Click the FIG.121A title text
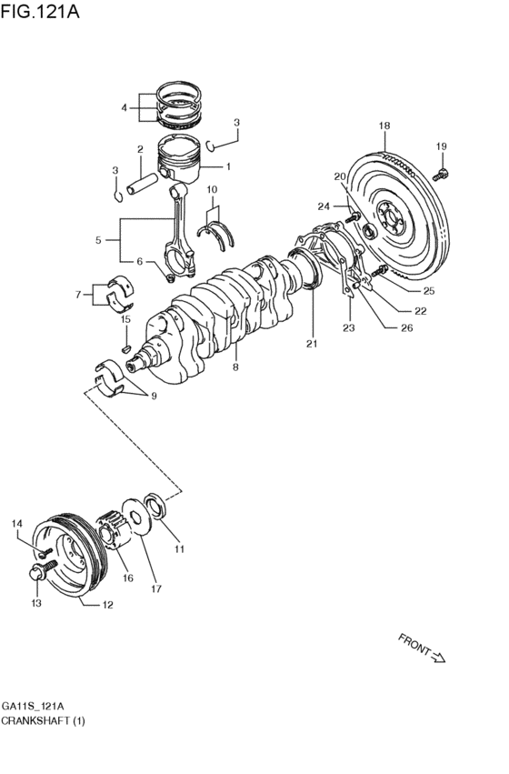click(x=40, y=11)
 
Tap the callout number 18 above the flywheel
click(x=384, y=126)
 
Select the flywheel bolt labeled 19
click(x=441, y=174)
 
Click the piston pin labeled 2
click(x=142, y=183)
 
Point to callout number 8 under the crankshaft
click(x=235, y=367)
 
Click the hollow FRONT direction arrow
click(x=438, y=657)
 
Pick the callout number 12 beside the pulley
click(x=107, y=605)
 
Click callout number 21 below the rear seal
click(x=312, y=344)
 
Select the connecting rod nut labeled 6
click(x=170, y=278)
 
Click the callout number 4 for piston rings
click(x=125, y=107)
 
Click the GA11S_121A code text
click(x=33, y=706)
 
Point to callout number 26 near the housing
click(x=407, y=327)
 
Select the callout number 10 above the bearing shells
click(x=212, y=189)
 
